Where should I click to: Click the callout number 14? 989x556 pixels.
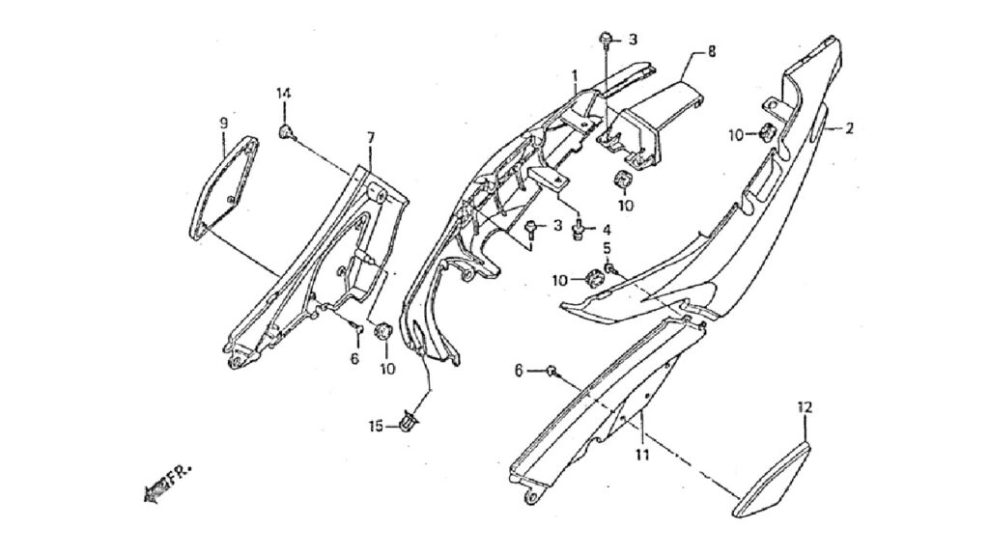coord(283,94)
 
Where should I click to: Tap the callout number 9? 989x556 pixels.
coord(224,123)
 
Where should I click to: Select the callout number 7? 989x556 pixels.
coord(370,137)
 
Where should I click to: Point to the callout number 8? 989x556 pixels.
coord(712,51)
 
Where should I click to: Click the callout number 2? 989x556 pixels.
coord(849,128)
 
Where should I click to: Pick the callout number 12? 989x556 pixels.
coord(805,407)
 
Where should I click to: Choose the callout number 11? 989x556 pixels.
coord(642,454)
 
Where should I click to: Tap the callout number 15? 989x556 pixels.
coord(376,427)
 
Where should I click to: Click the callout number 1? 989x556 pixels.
coord(576,76)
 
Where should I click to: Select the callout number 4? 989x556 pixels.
coord(607,229)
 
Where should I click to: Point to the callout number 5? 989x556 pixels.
coord(608,247)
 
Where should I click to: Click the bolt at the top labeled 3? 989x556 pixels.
coord(605,38)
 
